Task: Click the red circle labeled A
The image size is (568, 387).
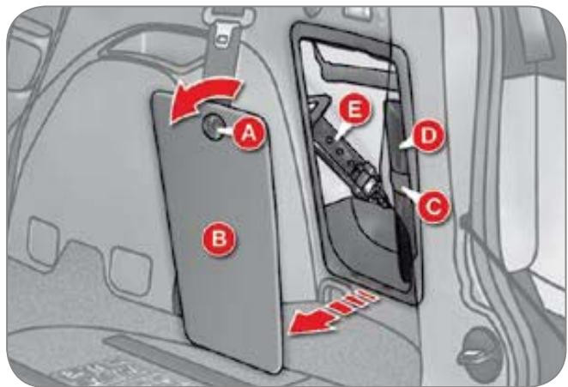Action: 249,133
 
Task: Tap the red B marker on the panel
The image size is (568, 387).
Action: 219,239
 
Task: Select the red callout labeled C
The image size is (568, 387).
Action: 433,207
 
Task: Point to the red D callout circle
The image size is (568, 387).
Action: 428,136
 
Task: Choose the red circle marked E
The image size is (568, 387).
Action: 353,108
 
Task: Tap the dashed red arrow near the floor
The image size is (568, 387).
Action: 331,313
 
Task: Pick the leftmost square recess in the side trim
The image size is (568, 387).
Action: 43,241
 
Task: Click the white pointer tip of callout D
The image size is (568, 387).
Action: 401,147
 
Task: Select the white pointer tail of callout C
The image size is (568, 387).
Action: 410,193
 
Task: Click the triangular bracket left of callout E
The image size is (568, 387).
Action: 317,105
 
